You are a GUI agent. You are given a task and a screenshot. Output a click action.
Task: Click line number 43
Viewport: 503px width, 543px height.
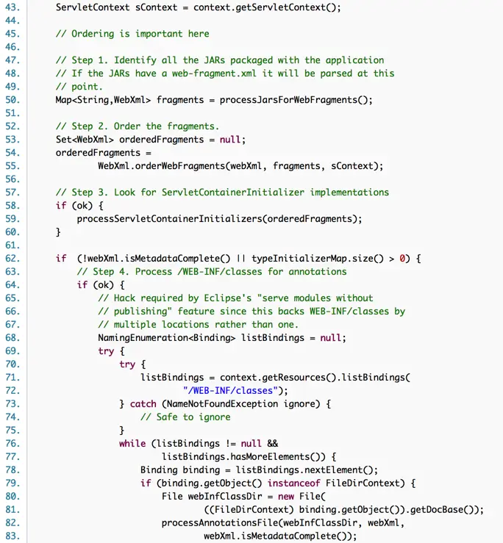pyautogui.click(x=13, y=7)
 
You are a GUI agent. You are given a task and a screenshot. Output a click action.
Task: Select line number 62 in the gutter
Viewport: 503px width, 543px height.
pyautogui.click(x=13, y=259)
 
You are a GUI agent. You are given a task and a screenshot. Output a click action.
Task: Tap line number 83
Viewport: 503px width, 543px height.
pyautogui.click(x=13, y=536)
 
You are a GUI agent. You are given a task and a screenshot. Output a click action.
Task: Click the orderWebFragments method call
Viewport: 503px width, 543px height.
pyautogui.click(x=184, y=166)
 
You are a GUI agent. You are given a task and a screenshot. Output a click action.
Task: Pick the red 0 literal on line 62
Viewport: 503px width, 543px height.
pyautogui.click(x=403, y=259)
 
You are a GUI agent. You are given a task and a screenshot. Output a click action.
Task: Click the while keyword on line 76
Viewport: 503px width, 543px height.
pyautogui.click(x=132, y=444)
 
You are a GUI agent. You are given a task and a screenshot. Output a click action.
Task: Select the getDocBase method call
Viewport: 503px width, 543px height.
pyautogui.click(x=435, y=510)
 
